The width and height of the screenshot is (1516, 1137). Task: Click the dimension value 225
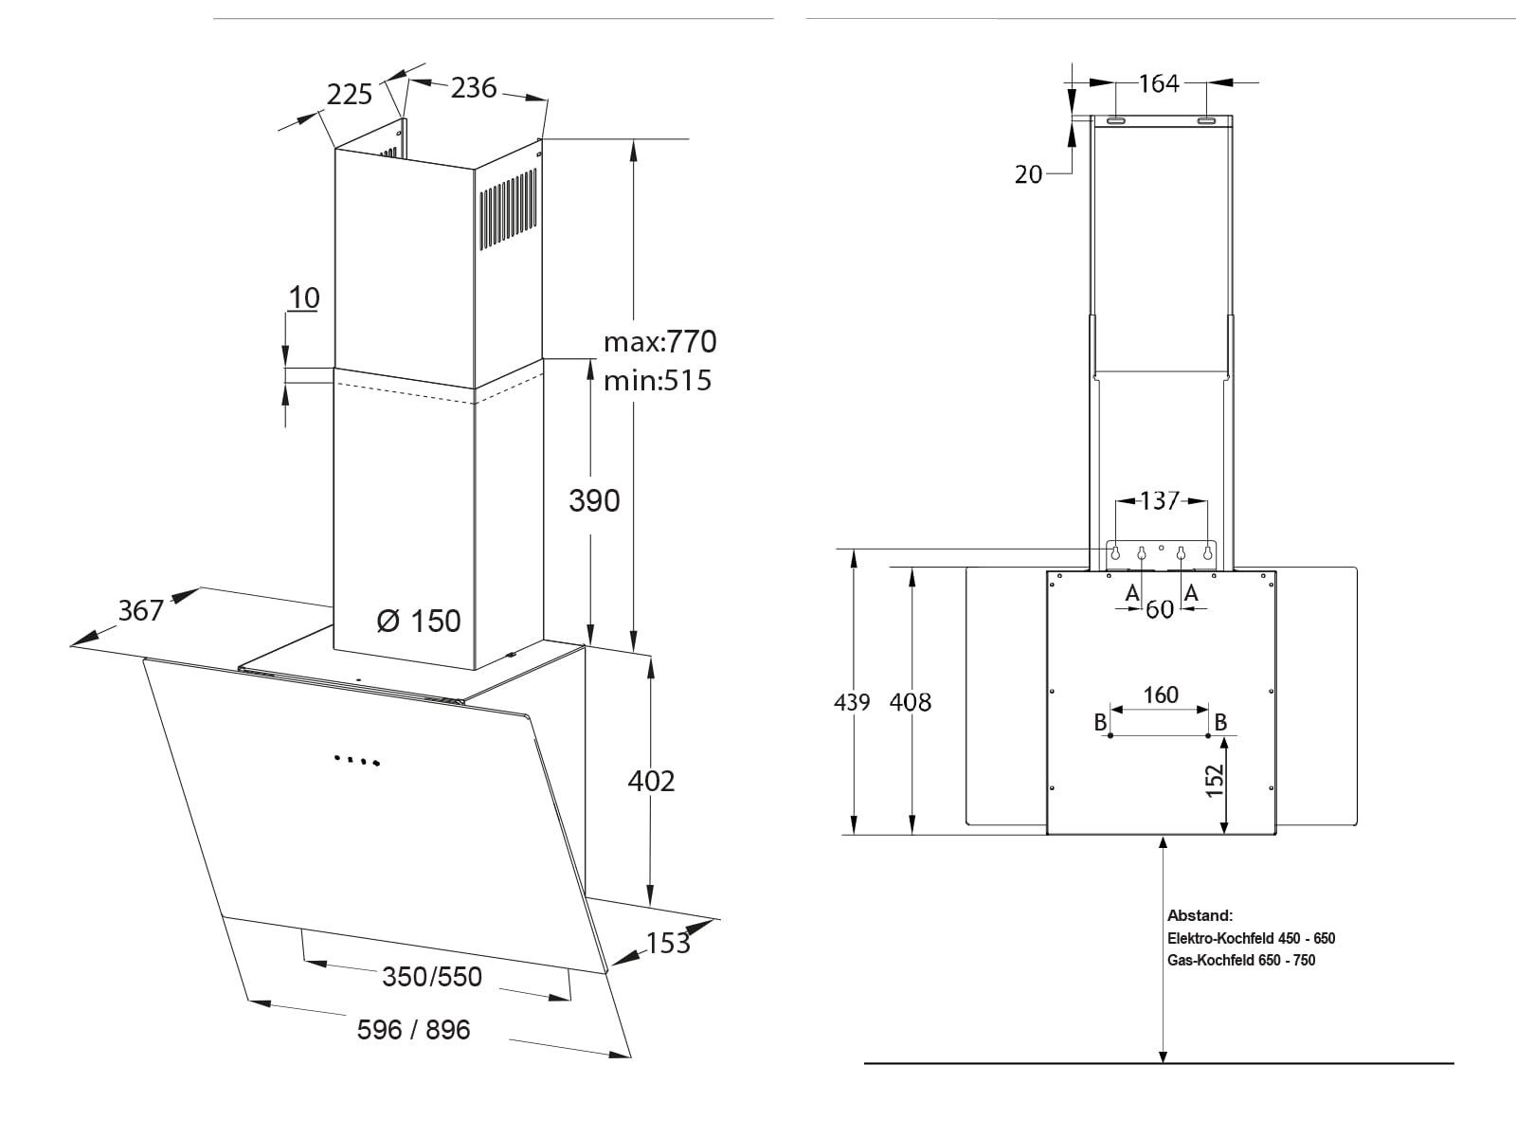(350, 95)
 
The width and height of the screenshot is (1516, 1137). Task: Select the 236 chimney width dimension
(474, 88)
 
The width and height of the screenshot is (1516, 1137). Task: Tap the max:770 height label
(660, 342)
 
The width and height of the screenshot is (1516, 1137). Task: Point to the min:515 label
(658, 380)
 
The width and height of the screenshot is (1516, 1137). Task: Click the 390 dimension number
(594, 500)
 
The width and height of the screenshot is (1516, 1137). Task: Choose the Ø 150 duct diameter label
(419, 621)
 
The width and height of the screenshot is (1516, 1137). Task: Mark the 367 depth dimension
(141, 610)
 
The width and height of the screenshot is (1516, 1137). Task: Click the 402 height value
(651, 781)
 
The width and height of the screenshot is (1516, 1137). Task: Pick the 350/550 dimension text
(432, 976)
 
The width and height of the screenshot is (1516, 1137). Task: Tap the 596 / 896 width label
(413, 1029)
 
